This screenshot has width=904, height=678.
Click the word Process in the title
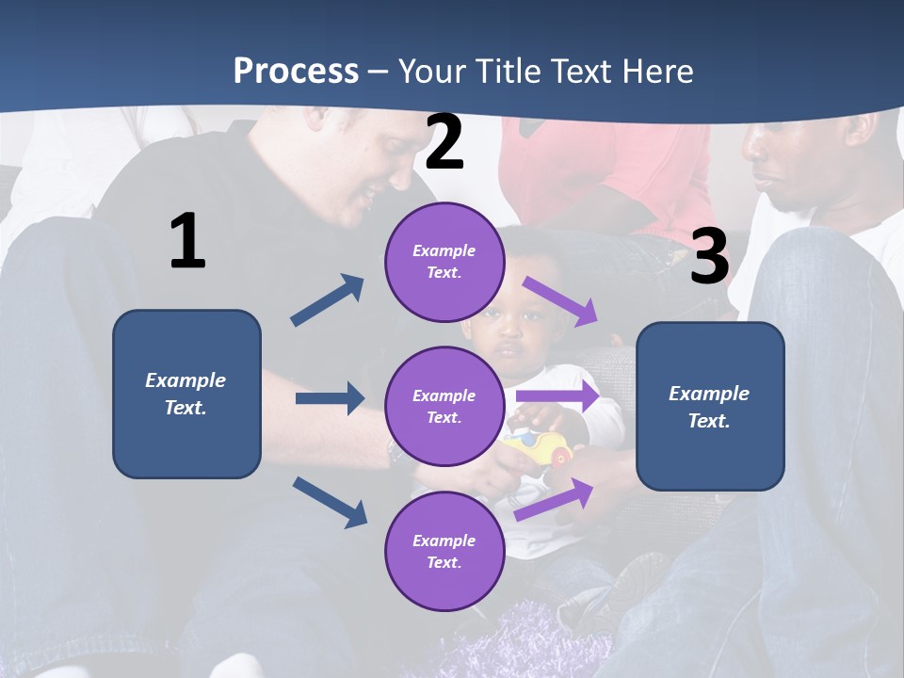[x=296, y=71]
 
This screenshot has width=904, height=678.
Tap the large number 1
[x=187, y=241]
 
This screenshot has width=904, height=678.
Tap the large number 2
[x=444, y=142]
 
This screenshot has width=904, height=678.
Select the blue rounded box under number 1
[x=186, y=394]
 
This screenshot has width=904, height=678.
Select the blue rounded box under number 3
[x=710, y=406]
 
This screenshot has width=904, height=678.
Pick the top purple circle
[x=444, y=261]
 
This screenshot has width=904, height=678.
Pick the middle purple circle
[x=444, y=406]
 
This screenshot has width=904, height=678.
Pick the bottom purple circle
[x=444, y=551]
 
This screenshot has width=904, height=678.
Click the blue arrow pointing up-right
[x=328, y=300]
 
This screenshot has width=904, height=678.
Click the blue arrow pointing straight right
[x=330, y=398]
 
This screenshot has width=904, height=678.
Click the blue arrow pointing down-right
[x=331, y=502]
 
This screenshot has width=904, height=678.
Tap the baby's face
[x=508, y=334]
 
